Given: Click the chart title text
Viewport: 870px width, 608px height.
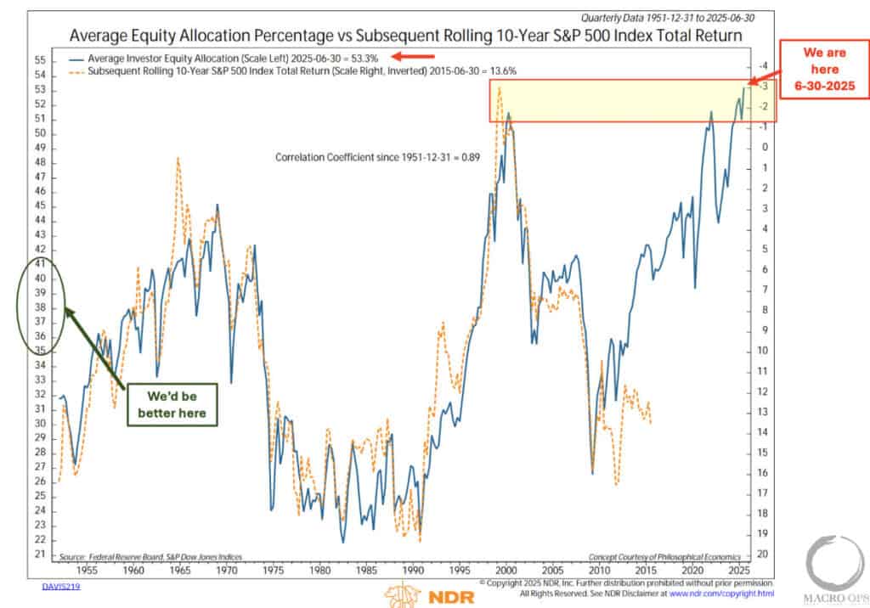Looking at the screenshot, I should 406,36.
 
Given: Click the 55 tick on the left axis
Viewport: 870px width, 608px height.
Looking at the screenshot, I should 40,60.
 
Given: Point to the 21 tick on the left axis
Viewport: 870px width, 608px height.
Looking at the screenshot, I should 40,555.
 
